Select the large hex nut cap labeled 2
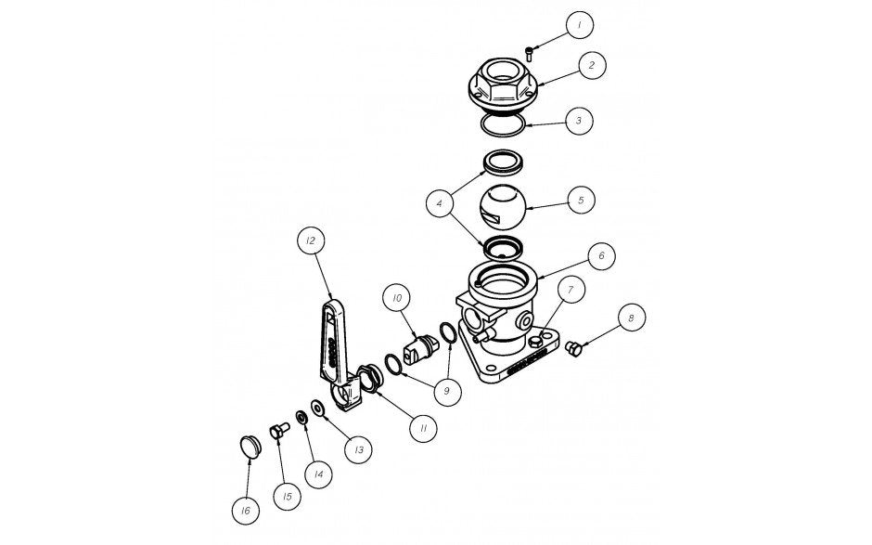pyautogui.click(x=504, y=84)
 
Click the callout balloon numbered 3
pyautogui.click(x=578, y=120)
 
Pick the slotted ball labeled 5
pyautogui.click(x=502, y=207)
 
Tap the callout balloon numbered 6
pyautogui.click(x=601, y=253)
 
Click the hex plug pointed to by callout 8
pyautogui.click(x=572, y=347)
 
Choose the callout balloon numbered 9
pyautogui.click(x=446, y=391)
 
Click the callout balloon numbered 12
pyautogui.click(x=309, y=240)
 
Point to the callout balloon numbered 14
pyautogui.click(x=317, y=474)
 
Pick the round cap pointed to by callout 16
pyautogui.click(x=250, y=445)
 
